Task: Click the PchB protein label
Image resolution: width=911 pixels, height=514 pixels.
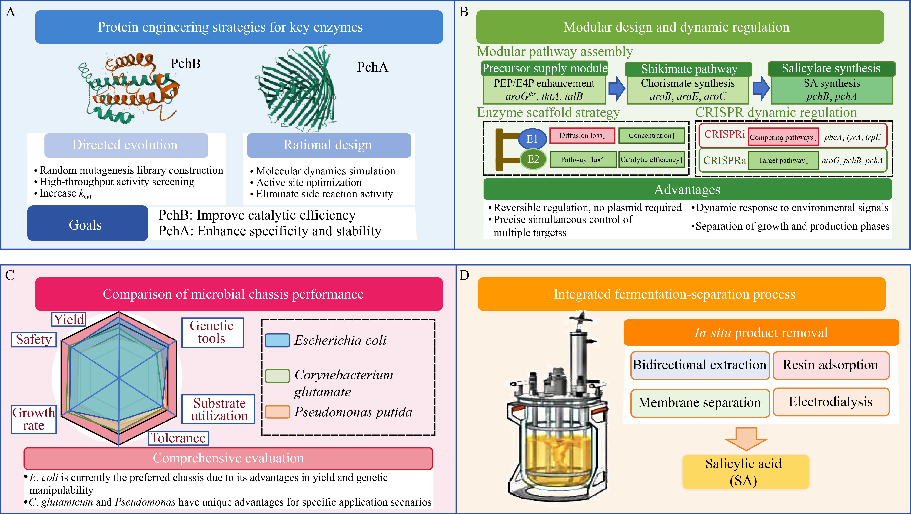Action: pos(186,64)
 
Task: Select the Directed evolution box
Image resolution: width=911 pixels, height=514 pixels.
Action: pos(126,145)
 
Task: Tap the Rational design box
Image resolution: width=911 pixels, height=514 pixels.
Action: pos(329,145)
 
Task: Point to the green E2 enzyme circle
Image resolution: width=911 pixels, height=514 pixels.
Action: pos(533,159)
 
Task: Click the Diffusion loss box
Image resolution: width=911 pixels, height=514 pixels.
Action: pos(582,136)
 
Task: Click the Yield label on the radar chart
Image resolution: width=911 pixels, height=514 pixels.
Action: pos(69,319)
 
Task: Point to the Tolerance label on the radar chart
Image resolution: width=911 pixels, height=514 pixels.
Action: pos(178,438)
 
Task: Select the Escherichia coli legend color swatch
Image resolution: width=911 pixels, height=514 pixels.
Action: pos(278,340)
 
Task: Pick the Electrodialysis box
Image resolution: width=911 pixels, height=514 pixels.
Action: pos(831,402)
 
